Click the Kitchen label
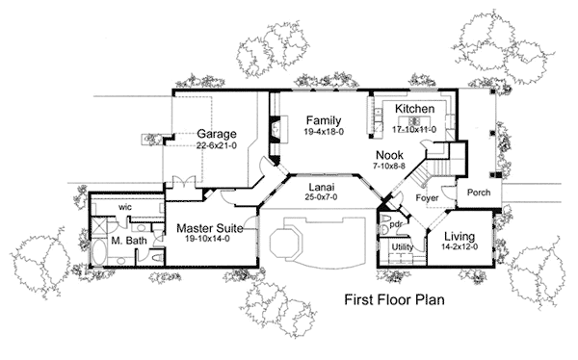coord(415,110)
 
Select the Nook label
coord(389,153)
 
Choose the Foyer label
coord(428,199)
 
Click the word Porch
coord(478,193)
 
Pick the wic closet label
coord(125,206)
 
